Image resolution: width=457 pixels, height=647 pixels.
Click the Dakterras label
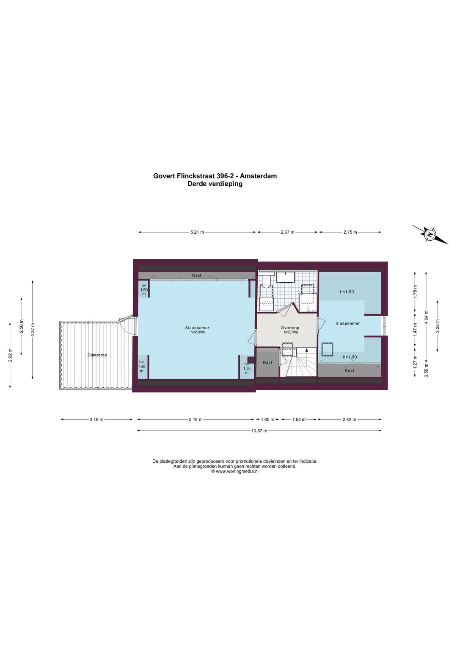pyautogui.click(x=97, y=355)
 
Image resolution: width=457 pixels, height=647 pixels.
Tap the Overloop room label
pyautogui.click(x=290, y=328)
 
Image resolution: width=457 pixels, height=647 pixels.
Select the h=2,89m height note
pyautogui.click(x=197, y=332)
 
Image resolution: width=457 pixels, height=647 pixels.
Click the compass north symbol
pyautogui.click(x=430, y=234)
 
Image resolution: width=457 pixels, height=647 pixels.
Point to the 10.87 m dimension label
pyautogui.click(x=259, y=431)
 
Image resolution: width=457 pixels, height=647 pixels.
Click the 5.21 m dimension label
pyautogui.click(x=197, y=232)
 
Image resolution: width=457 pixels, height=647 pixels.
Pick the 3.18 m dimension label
pyautogui.click(x=96, y=419)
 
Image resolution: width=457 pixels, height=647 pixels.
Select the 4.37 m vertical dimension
pyautogui.click(x=33, y=330)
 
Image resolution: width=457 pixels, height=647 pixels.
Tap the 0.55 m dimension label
pyautogui.click(x=426, y=370)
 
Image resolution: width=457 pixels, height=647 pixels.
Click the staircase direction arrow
pyautogui.click(x=307, y=351)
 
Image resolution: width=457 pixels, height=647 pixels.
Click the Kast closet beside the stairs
pyautogui.click(x=267, y=363)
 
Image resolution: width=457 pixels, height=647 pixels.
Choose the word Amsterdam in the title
pyautogui.click(x=258, y=176)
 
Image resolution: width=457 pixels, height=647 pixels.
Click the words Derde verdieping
pyautogui.click(x=215, y=184)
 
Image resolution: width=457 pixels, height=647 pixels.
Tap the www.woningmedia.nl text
pyautogui.click(x=237, y=471)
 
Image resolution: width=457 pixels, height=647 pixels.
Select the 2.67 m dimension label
pyautogui.click(x=287, y=232)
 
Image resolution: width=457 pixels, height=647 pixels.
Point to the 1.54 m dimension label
pyautogui.click(x=299, y=419)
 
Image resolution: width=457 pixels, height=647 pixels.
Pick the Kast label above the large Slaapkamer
pyautogui.click(x=197, y=275)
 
